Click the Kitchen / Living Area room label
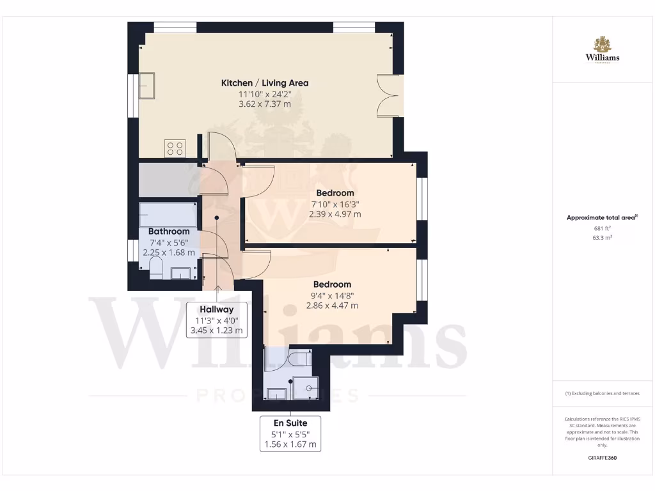pos(265,83)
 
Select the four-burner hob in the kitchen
pos(175,148)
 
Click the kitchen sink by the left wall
pos(146,86)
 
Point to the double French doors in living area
pos(388,95)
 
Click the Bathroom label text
pos(169,231)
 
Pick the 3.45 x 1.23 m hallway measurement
pos(217,331)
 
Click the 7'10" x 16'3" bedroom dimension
pos(335,204)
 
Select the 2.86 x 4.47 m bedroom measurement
pos(331,306)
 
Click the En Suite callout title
pos(290,423)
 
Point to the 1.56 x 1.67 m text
pos(290,444)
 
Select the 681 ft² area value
pos(602,228)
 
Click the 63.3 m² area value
pos(602,237)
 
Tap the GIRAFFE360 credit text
pos(602,458)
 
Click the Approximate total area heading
pos(602,217)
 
